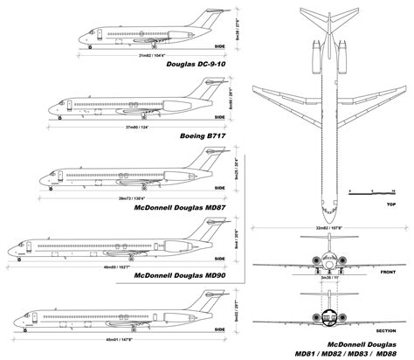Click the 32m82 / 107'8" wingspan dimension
325,225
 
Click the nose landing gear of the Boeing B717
60,116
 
